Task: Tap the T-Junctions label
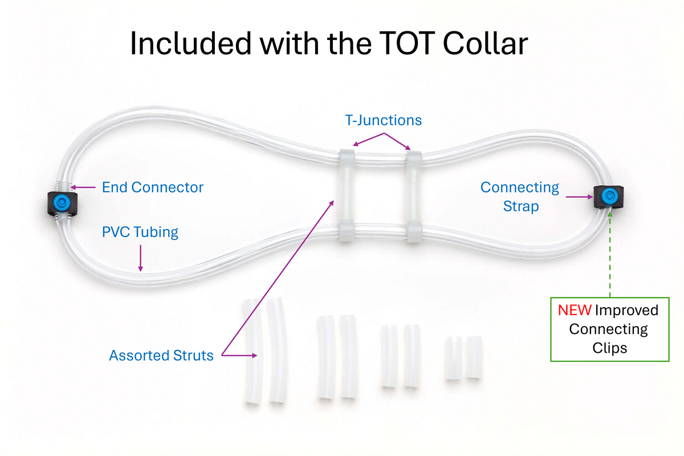[383, 120]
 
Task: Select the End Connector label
[152, 187]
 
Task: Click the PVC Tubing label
[140, 232]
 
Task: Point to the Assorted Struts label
[161, 356]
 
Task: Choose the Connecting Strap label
[520, 196]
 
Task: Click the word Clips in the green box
[609, 347]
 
